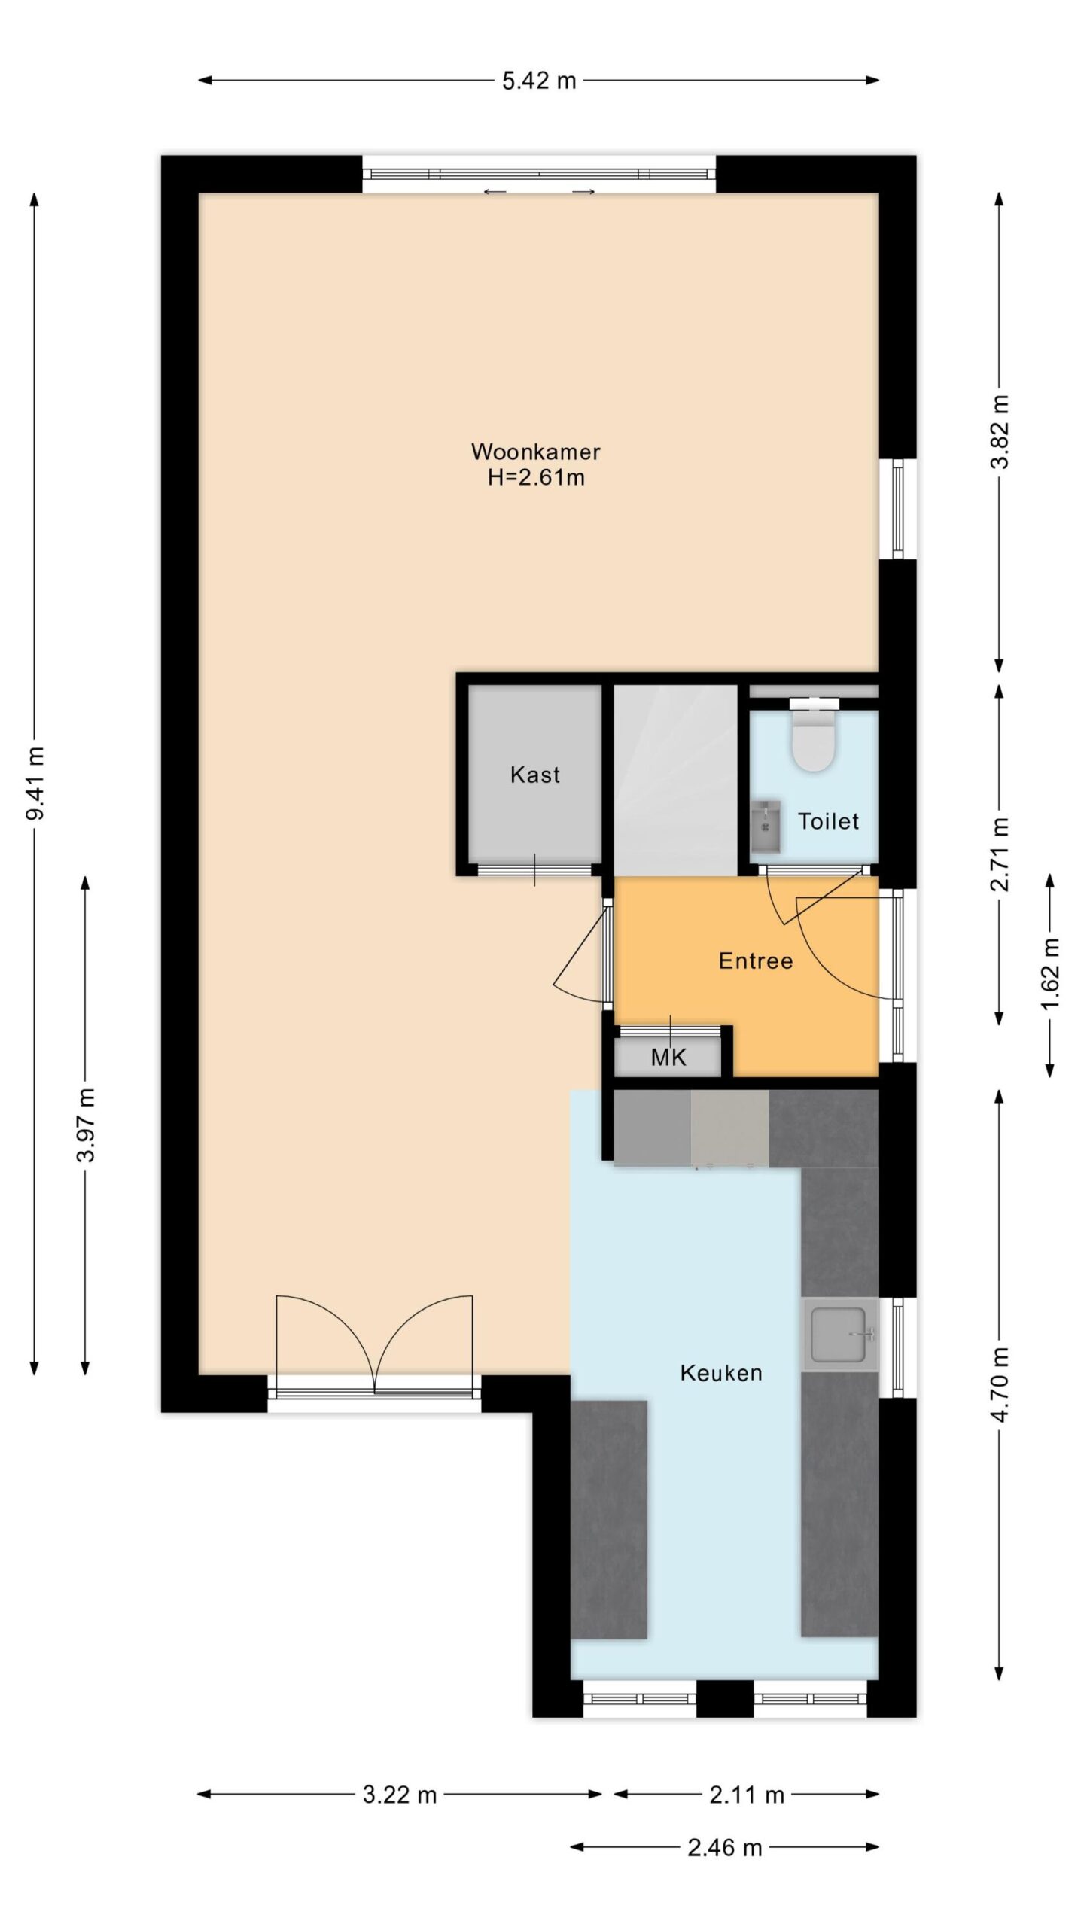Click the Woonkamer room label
point(535,452)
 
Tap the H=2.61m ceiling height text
point(536,477)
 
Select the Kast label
point(535,775)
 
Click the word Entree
point(756,960)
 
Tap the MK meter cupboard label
point(668,1058)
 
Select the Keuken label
point(721,1373)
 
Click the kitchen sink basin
point(839,1335)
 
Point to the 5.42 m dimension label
point(539,81)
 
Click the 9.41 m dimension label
point(35,783)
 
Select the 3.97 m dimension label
point(86,1125)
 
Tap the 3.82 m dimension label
point(999,432)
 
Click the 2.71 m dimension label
point(999,854)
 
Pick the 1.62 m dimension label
point(1050,975)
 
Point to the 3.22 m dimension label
point(400,1795)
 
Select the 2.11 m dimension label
point(747,1795)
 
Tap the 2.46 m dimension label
point(725,1847)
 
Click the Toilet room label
point(828,821)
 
